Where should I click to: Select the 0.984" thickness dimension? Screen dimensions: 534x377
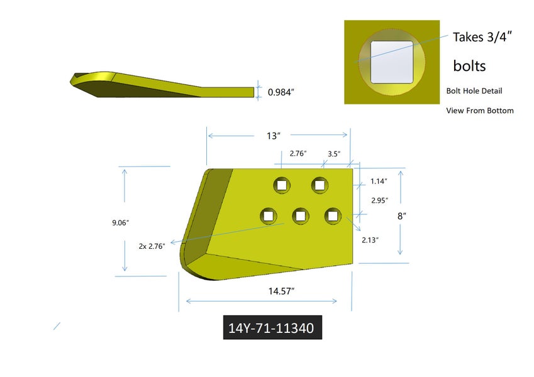click(x=281, y=92)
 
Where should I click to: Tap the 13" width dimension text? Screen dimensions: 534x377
click(x=274, y=136)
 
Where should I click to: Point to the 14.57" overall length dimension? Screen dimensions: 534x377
click(x=281, y=292)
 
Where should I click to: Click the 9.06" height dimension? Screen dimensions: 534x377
click(x=121, y=223)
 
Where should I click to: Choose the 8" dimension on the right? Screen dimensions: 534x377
click(x=402, y=216)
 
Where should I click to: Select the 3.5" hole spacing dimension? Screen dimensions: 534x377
click(x=334, y=154)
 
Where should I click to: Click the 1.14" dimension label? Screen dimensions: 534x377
click(x=379, y=181)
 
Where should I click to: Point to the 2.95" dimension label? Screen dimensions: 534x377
click(x=380, y=200)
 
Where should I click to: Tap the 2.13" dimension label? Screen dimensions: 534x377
click(x=370, y=240)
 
